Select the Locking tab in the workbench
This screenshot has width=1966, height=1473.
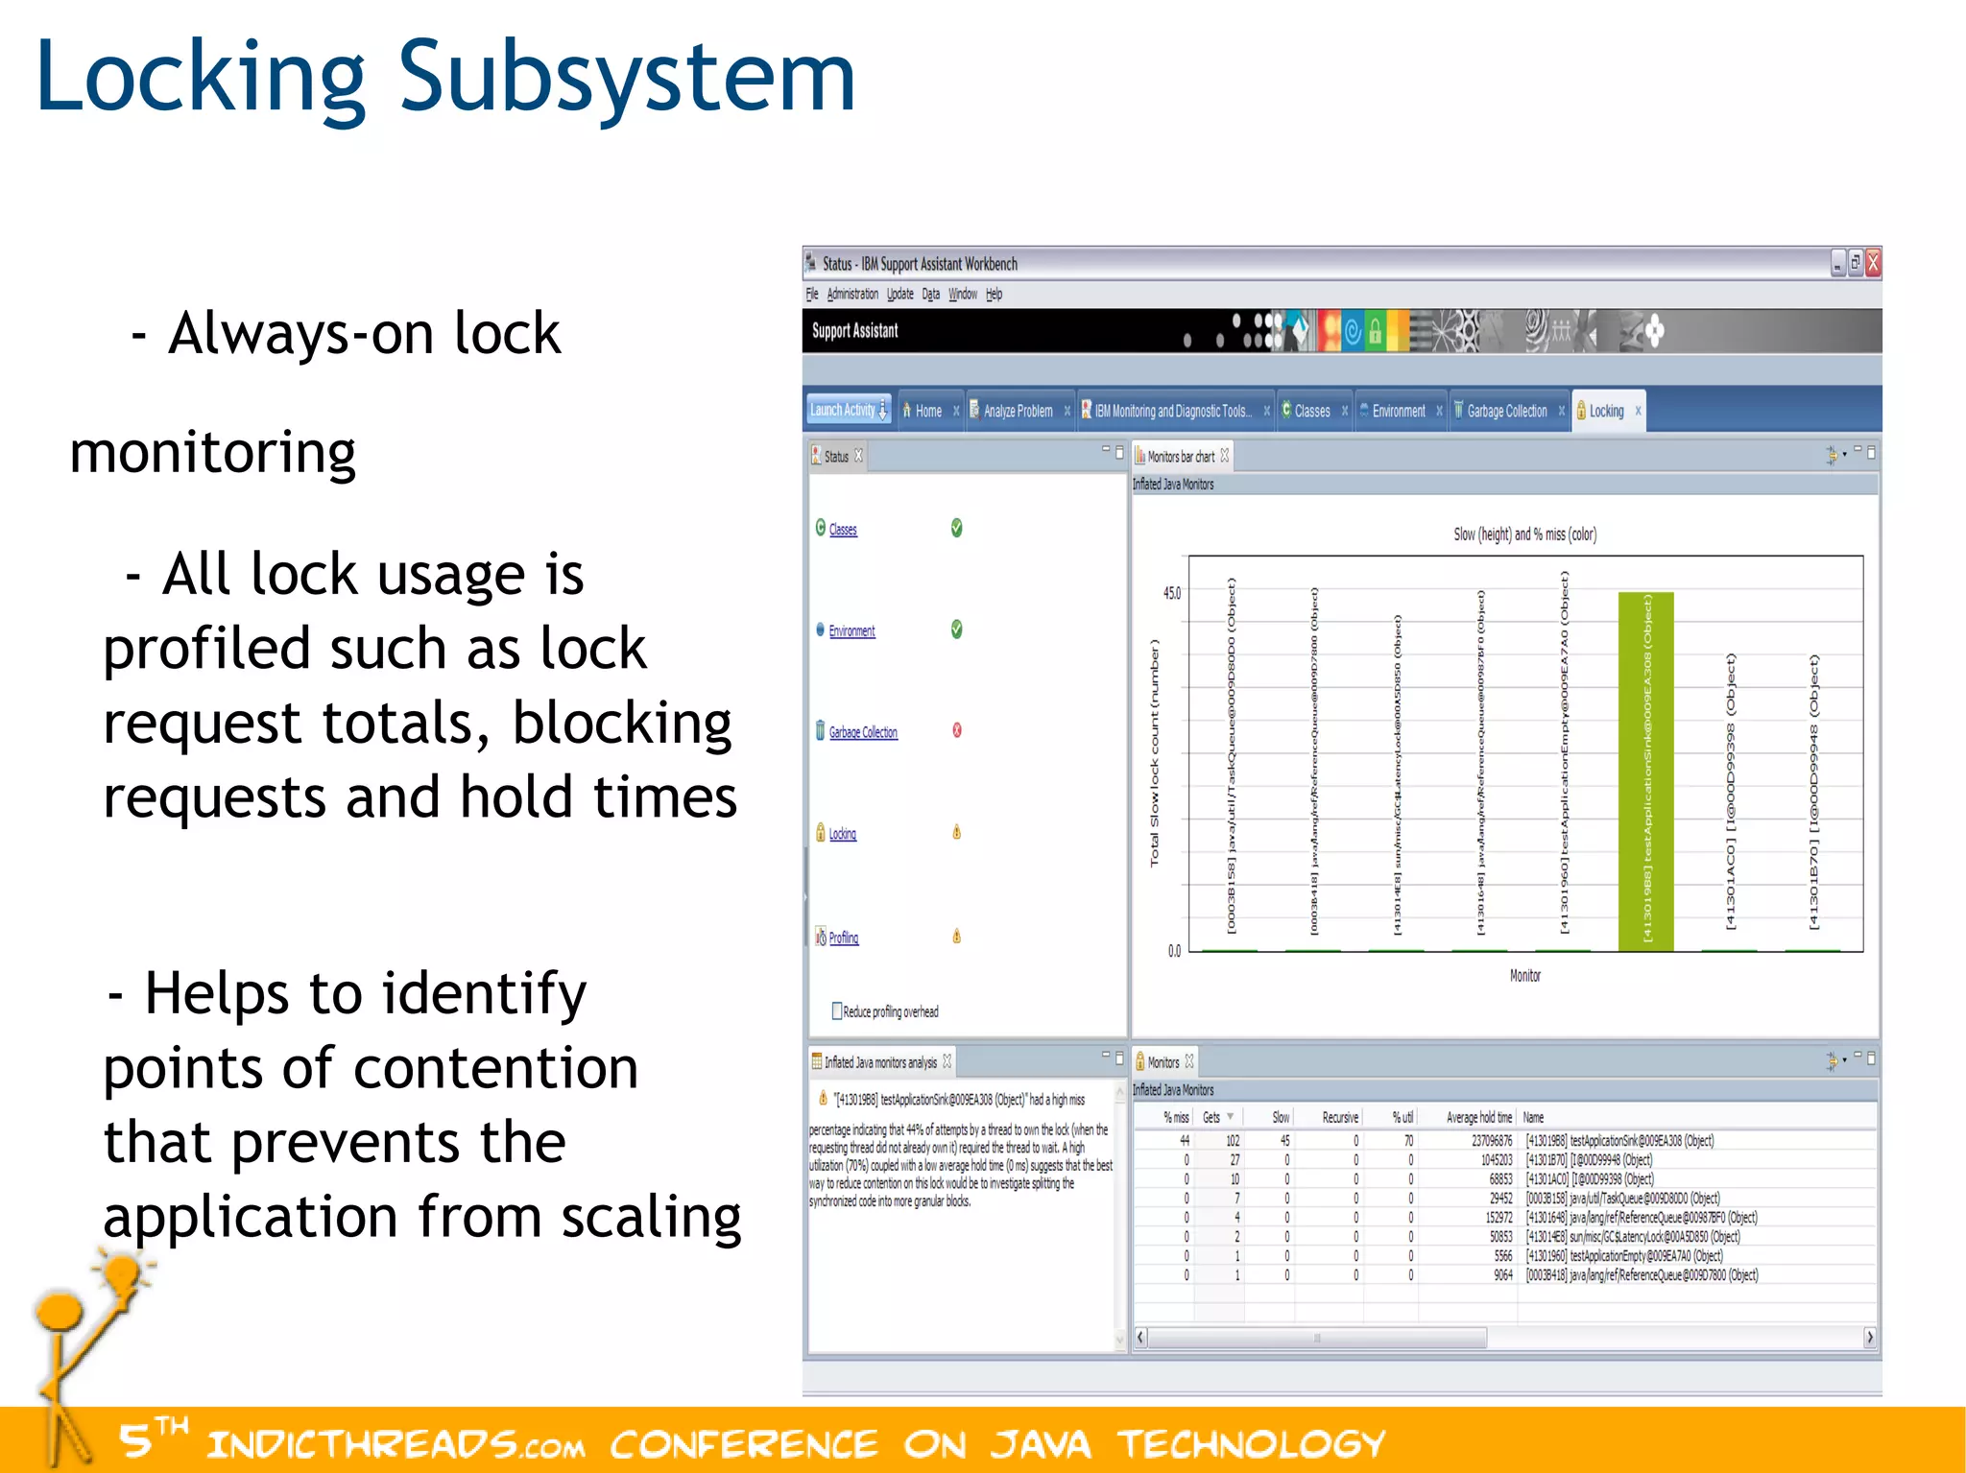click(x=1606, y=412)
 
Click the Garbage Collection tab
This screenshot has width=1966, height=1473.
click(x=1506, y=412)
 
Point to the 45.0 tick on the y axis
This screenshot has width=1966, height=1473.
click(x=1172, y=594)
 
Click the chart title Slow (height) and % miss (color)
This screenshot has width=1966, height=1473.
click(x=1524, y=535)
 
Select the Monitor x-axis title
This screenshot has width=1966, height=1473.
click(x=1524, y=976)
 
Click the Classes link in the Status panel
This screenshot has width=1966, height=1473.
click(x=843, y=530)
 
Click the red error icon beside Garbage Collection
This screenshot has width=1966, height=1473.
click(x=956, y=730)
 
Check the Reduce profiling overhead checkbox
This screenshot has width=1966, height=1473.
click(x=837, y=1011)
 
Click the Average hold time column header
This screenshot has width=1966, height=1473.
click(x=1478, y=1118)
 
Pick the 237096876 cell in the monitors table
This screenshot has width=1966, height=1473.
click(x=1491, y=1141)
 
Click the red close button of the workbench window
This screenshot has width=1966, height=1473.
click(x=1872, y=262)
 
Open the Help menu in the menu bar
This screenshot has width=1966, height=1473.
click(x=994, y=295)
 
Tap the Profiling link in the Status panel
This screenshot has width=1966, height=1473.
click(x=843, y=938)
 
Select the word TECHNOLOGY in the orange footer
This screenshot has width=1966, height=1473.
click(x=1251, y=1444)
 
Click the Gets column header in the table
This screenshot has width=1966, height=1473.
click(x=1211, y=1118)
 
